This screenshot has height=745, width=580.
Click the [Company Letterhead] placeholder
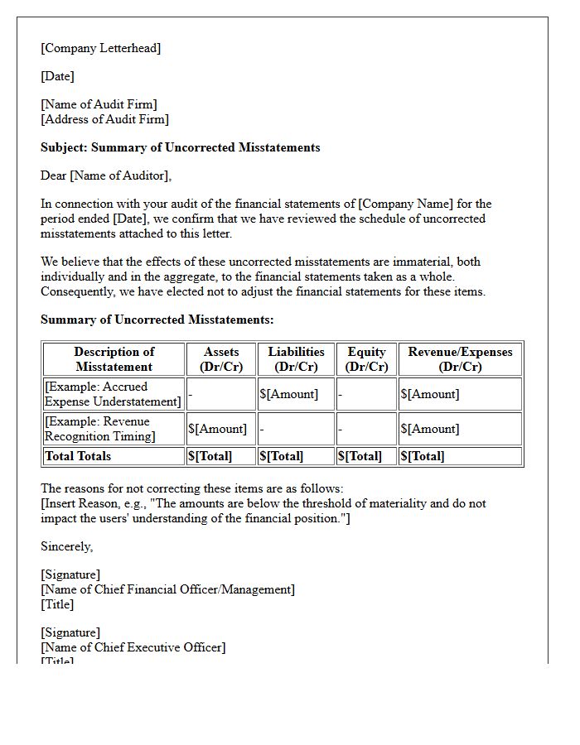pos(101,48)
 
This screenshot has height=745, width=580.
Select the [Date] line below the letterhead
pos(57,76)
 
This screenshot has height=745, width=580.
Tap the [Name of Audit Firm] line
pos(99,104)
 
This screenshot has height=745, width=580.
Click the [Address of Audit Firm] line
pos(104,119)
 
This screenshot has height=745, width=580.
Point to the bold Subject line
pos(180,147)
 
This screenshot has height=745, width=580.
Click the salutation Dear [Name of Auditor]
pos(106,175)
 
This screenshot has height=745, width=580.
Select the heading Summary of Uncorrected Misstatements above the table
pos(157,320)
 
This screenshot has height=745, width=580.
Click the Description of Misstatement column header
pos(114,359)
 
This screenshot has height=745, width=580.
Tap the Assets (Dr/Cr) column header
pos(221,359)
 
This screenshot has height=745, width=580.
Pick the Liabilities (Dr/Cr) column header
pos(296,359)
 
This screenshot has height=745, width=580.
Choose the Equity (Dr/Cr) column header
pos(366,359)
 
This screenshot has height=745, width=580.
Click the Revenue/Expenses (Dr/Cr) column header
pos(460,359)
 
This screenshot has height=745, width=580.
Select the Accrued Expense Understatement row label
pos(114,394)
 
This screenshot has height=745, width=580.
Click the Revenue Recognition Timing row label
pos(101,429)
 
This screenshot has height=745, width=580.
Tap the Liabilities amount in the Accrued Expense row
pos(288,394)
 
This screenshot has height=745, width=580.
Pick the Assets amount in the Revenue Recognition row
pos(217,429)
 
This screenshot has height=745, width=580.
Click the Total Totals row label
pos(78,456)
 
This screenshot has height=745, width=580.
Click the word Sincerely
pos(67,546)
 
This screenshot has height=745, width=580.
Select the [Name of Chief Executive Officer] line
pos(133,647)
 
